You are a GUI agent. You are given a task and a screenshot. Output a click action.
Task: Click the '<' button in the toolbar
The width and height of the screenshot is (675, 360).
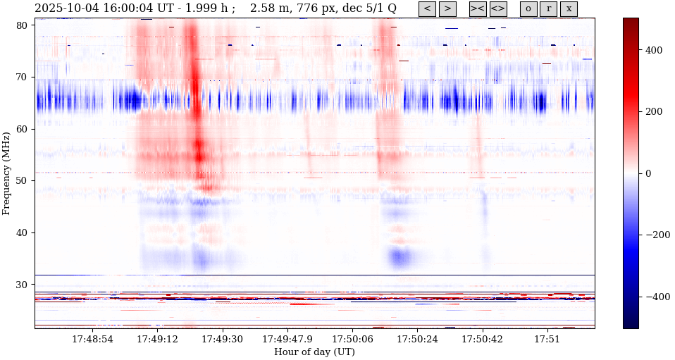click(x=427, y=9)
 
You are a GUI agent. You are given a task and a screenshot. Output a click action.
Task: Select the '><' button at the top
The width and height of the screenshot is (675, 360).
click(x=478, y=9)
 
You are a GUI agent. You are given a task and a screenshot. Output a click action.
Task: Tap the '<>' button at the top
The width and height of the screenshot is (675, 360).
click(x=498, y=9)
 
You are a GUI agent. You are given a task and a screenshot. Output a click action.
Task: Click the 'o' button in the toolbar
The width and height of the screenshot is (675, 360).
click(x=528, y=9)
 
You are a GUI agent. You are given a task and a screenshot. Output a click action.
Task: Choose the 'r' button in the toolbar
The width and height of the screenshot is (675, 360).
click(x=549, y=9)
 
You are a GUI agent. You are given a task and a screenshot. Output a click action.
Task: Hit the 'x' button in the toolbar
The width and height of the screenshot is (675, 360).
click(x=569, y=9)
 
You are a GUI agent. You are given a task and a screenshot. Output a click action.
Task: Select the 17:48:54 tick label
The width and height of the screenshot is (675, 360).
click(x=92, y=340)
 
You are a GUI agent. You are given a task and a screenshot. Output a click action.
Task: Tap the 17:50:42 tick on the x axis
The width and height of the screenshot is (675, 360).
click(x=483, y=340)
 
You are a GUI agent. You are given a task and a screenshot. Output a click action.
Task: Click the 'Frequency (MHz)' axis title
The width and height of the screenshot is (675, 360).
click(x=6, y=173)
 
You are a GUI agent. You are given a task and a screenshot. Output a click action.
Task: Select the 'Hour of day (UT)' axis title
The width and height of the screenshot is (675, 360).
click(x=314, y=352)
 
